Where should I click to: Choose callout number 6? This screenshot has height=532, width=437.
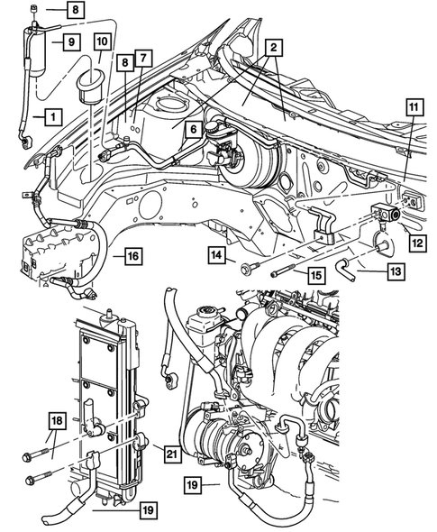[191, 129]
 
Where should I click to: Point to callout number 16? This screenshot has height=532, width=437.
[132, 257]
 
